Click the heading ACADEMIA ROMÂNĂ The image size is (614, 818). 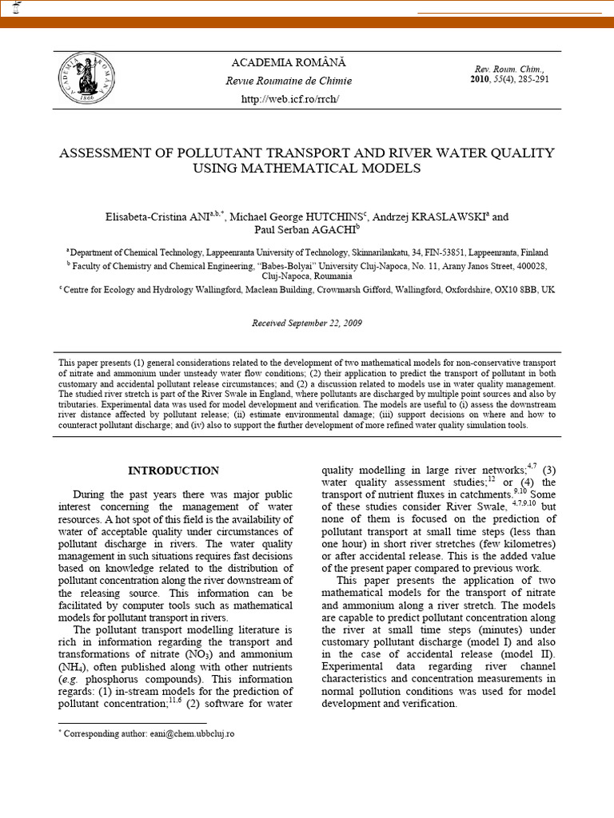[x=289, y=62]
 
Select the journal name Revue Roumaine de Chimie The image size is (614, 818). [x=289, y=81]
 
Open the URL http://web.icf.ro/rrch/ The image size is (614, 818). [x=289, y=99]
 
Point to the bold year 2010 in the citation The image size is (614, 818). [x=480, y=80]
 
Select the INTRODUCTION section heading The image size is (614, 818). [x=173, y=471]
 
